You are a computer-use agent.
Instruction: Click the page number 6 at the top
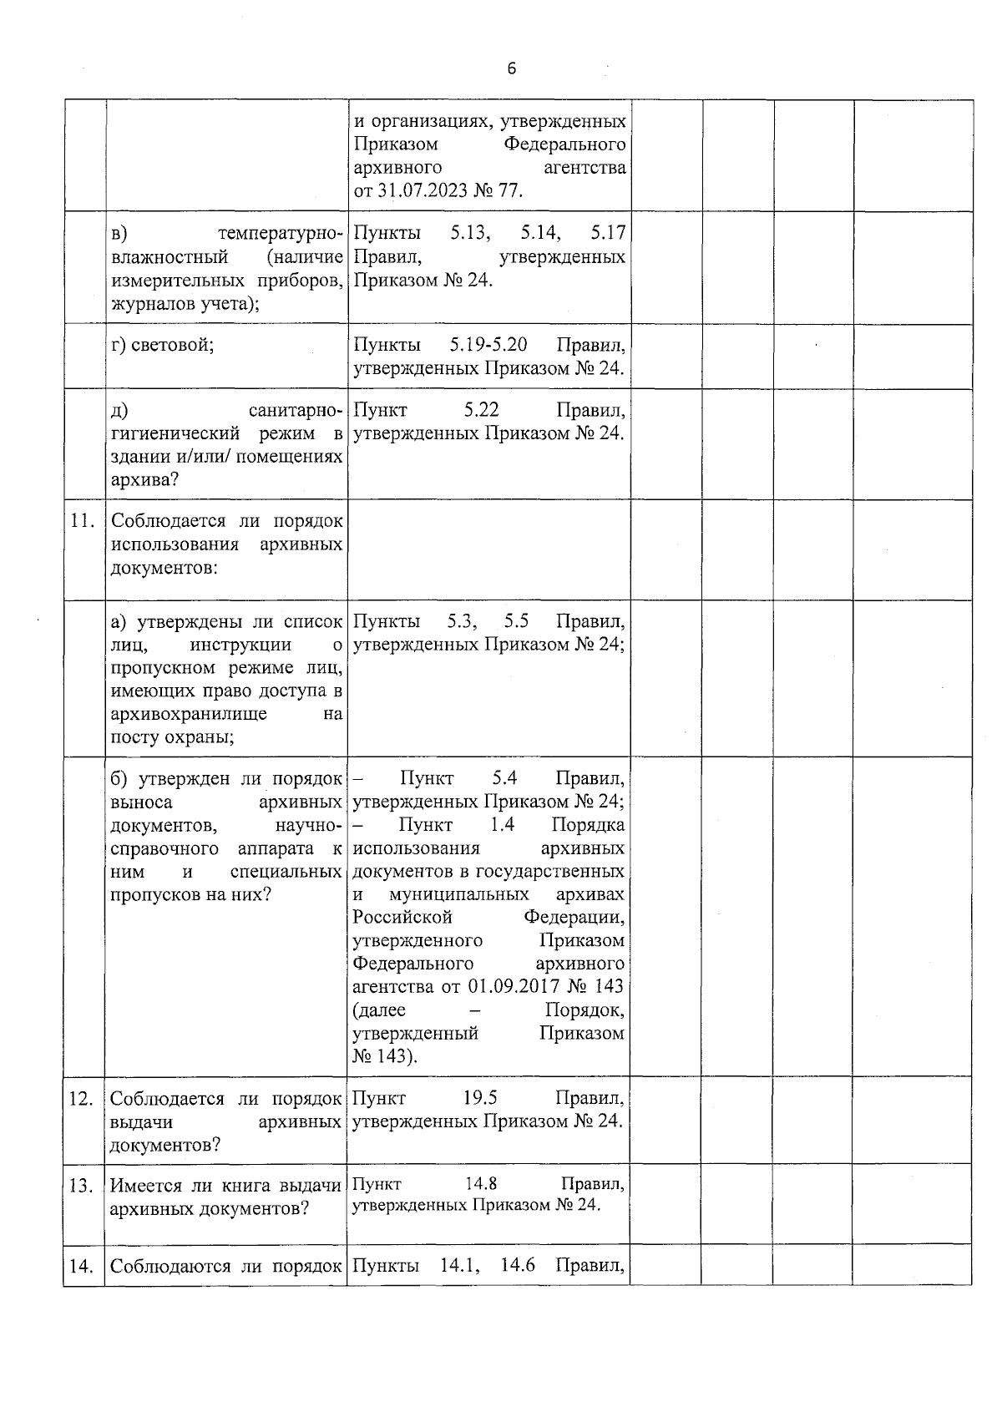[x=511, y=69]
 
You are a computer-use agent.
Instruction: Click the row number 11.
[x=81, y=521]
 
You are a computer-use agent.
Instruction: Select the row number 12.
[x=81, y=1098]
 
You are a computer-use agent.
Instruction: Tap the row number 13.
[x=81, y=1186]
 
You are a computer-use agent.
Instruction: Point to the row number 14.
[x=81, y=1267]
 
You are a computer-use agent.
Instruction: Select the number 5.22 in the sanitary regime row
[x=481, y=410]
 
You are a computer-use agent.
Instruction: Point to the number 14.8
[x=481, y=1184]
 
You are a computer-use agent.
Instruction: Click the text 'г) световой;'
[x=163, y=345]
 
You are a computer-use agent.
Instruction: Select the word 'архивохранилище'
[x=189, y=714]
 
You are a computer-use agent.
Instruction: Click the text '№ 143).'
[x=386, y=1056]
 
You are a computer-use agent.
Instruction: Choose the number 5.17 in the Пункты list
[x=607, y=232]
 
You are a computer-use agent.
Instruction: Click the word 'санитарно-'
[x=296, y=410]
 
